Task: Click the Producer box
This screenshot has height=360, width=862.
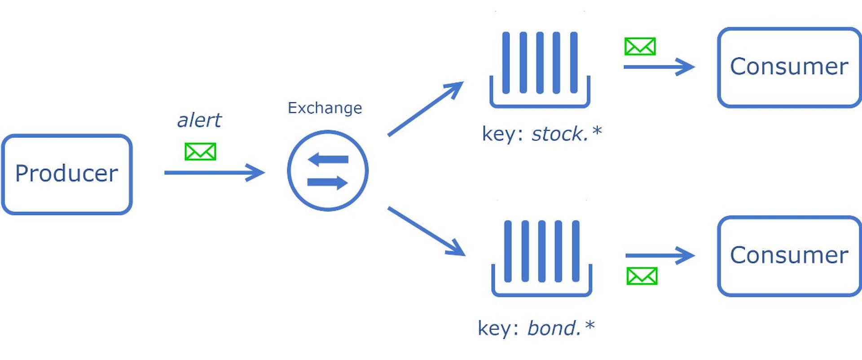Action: click(x=67, y=174)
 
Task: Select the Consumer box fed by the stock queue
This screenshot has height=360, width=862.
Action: click(x=789, y=67)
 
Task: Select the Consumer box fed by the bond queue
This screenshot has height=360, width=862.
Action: click(x=789, y=256)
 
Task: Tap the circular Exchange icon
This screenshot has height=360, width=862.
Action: click(x=328, y=171)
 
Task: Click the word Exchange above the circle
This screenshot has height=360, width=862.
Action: click(x=325, y=108)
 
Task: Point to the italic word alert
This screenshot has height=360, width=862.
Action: click(x=199, y=120)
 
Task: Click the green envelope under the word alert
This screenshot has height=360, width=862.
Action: click(x=200, y=152)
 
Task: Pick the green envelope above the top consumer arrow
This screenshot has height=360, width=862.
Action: click(x=640, y=46)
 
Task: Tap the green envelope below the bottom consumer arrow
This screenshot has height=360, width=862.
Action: click(x=642, y=276)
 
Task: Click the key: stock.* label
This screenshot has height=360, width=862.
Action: click(x=541, y=134)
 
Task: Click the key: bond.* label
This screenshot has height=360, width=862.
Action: click(x=536, y=328)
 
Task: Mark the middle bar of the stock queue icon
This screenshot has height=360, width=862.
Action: click(x=540, y=63)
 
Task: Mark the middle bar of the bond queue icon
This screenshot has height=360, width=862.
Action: click(x=541, y=251)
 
